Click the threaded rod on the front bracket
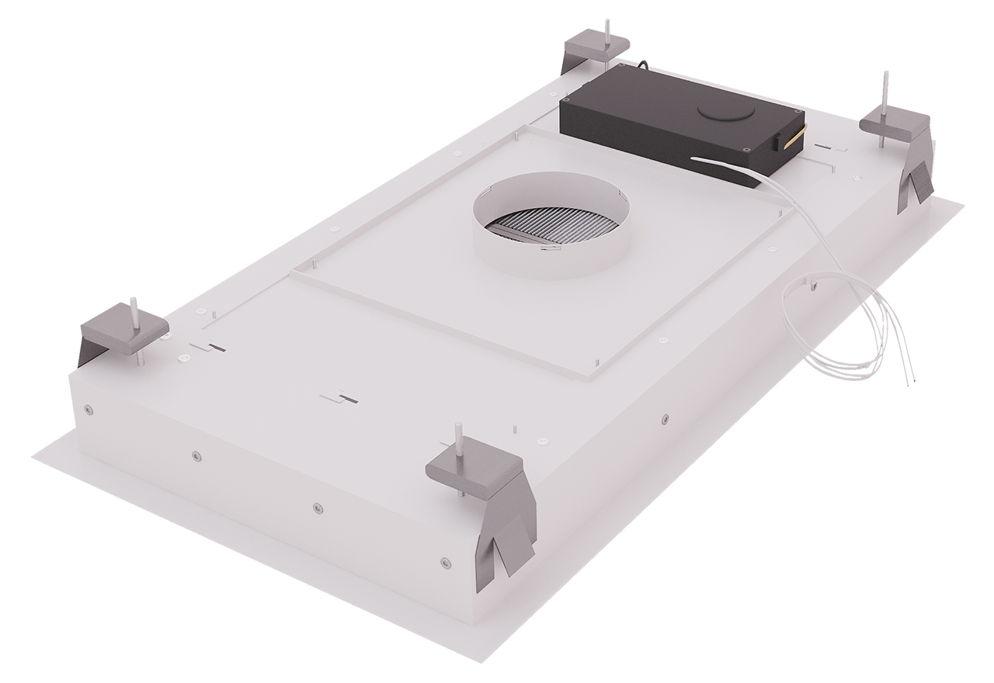(459, 439)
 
